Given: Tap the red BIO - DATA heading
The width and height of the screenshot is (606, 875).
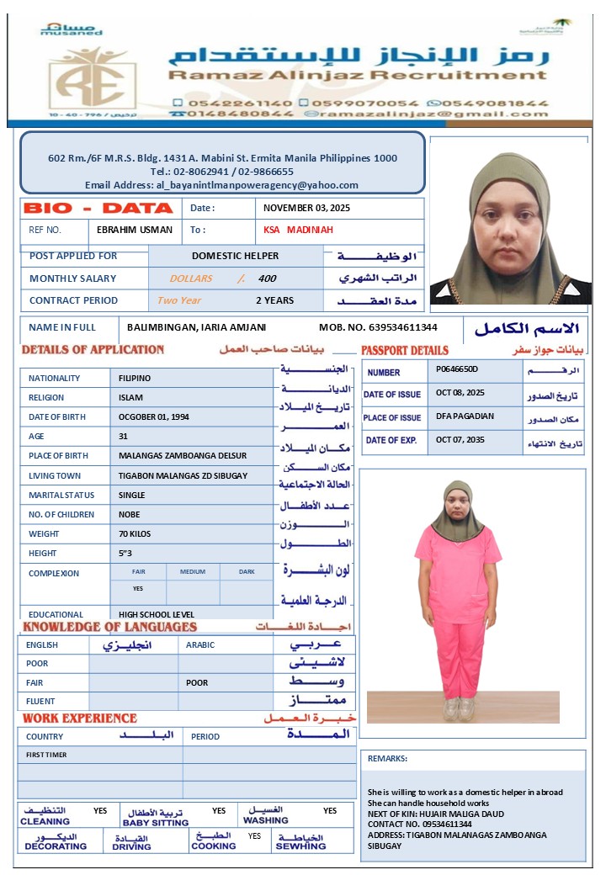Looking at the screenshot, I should pos(98,208).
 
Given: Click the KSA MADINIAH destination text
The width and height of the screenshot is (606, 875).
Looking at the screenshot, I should pos(298,230).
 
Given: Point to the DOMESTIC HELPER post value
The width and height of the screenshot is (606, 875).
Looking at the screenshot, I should pos(235,256).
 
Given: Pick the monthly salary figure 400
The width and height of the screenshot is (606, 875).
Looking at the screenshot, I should pos(267,278).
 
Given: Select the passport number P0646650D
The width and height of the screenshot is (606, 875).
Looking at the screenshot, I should pos(457,369).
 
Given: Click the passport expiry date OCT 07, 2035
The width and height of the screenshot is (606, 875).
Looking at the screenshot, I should pos(460,440).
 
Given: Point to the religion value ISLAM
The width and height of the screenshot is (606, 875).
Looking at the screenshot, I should pos(131,398).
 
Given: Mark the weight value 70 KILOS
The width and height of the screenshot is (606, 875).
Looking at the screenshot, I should pos(136,533).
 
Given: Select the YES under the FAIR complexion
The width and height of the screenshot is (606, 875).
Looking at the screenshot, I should pos(138,588).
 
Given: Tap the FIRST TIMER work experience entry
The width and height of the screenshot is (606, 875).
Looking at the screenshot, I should pos(45,755).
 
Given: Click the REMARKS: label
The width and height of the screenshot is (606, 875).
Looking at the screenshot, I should pos(387,758).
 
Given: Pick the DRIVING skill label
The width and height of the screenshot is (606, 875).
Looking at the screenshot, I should pos(131,846).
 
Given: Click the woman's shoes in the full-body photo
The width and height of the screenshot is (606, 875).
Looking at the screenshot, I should pos(458,708).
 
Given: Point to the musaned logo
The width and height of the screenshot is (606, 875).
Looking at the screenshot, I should pos(71,30).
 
